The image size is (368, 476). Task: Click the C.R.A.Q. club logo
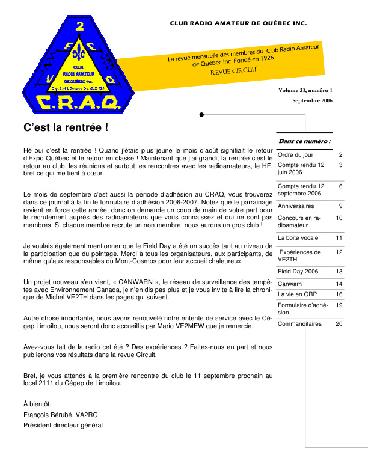67,65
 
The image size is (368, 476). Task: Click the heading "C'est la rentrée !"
66,127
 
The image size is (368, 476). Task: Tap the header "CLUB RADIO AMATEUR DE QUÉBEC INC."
238,24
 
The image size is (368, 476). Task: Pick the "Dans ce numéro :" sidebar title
305,141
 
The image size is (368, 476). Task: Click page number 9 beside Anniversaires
340,206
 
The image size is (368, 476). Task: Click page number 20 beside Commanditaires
339,324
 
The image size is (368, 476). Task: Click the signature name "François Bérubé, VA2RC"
61,415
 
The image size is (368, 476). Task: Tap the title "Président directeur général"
63,426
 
